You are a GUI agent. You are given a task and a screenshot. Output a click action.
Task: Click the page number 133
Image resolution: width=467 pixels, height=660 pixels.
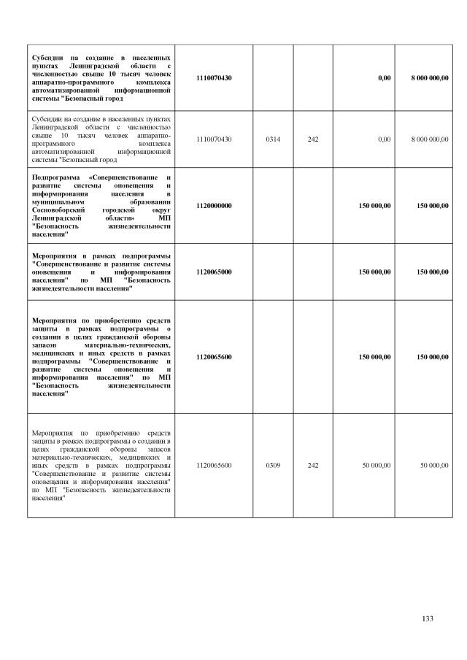pyautogui.click(x=428, y=619)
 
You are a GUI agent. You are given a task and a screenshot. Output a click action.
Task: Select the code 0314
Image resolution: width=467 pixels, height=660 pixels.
pyautogui.click(x=273, y=139)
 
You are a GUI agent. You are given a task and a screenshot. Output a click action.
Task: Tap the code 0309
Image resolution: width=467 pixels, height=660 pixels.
pyautogui.click(x=273, y=464)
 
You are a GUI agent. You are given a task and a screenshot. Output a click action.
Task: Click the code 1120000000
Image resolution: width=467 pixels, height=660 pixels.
pyautogui.click(x=214, y=206)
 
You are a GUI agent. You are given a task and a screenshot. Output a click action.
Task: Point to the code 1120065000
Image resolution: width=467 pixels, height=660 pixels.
pyautogui.click(x=214, y=272)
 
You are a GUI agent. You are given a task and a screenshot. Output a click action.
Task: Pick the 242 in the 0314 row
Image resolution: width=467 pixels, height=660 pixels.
pyautogui.click(x=313, y=139)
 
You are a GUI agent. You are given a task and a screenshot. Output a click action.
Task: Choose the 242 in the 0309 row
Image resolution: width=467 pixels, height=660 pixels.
pyautogui.click(x=313, y=464)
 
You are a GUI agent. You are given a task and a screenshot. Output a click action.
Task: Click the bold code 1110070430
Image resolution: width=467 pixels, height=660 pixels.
pyautogui.click(x=214, y=77)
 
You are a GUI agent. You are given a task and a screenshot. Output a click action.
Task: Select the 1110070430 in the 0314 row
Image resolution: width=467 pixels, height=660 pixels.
pyautogui.click(x=214, y=139)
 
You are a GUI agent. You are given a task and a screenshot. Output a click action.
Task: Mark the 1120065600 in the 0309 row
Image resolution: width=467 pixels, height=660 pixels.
pyautogui.click(x=214, y=464)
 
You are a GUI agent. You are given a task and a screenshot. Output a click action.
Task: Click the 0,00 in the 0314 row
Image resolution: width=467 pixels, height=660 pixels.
pyautogui.click(x=382, y=139)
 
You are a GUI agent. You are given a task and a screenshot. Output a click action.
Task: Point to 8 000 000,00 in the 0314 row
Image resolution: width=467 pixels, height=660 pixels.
pyautogui.click(x=429, y=139)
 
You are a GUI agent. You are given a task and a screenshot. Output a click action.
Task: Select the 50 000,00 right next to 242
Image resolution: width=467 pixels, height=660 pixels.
pyautogui.click(x=376, y=464)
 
